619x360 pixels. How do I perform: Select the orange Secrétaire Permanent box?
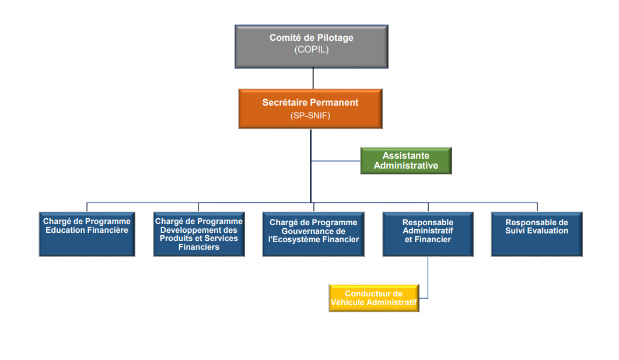[x=310, y=109]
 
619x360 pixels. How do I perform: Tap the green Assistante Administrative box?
[x=405, y=160]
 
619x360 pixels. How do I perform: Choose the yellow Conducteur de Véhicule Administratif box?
[x=373, y=298]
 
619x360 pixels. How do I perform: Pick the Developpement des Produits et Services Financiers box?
[x=198, y=234]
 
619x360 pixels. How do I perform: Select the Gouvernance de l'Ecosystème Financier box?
[x=313, y=234]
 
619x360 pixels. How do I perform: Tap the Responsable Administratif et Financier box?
[x=428, y=233]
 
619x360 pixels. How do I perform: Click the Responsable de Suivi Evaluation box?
[x=537, y=233]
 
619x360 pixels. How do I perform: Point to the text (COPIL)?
[x=312, y=50]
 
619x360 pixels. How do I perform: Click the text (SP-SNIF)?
[x=310, y=116]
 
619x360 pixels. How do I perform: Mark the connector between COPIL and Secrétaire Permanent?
[x=313, y=78]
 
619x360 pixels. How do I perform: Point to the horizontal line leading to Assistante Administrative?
[x=335, y=160]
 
